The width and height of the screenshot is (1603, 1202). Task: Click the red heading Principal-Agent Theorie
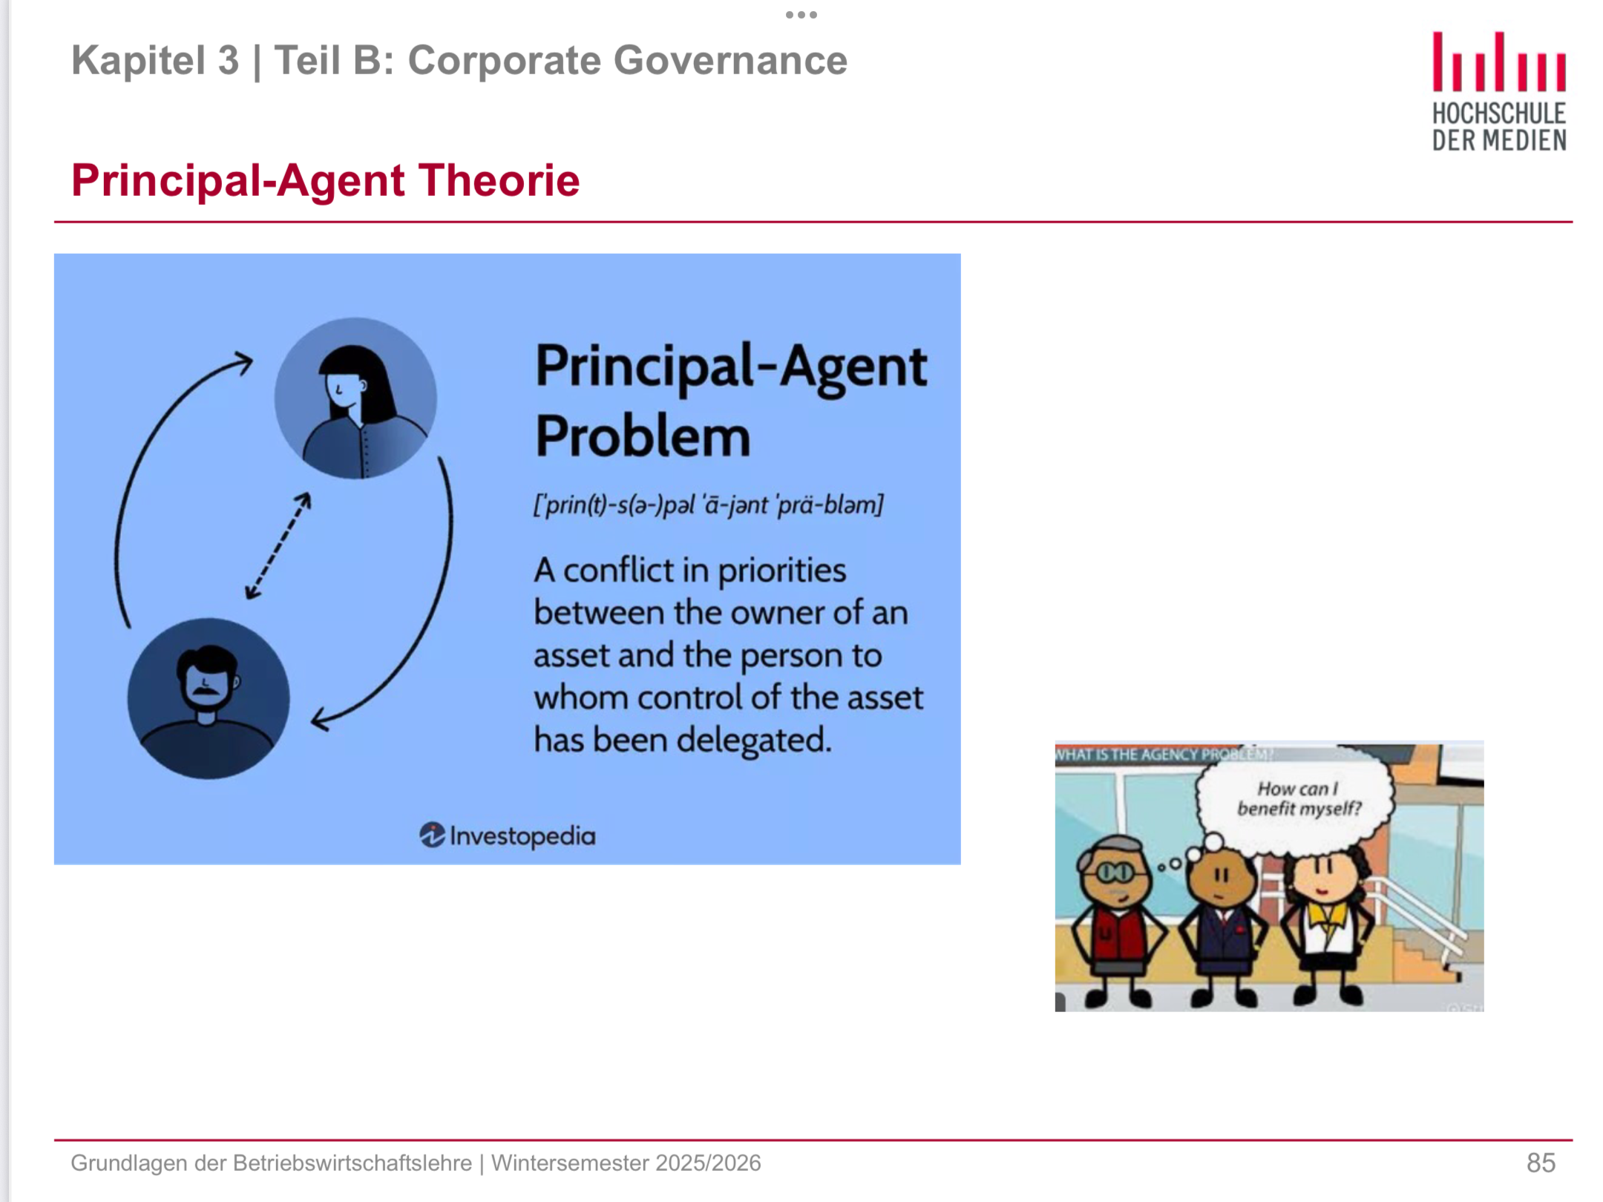tap(325, 180)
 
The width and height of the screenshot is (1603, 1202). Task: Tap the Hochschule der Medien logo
tap(1499, 92)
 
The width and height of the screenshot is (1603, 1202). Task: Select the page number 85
tap(1541, 1163)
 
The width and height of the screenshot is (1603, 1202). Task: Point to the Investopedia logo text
tap(508, 836)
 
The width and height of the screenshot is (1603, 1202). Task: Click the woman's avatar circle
tap(355, 398)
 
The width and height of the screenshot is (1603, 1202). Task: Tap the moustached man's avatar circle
tap(209, 698)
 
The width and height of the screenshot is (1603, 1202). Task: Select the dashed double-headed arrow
tap(278, 546)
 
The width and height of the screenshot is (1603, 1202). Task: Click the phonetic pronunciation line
tap(708, 505)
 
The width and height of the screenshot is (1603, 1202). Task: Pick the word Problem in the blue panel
tap(643, 436)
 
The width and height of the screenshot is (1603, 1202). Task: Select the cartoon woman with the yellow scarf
tap(1329, 927)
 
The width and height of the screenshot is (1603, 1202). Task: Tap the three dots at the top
tap(801, 14)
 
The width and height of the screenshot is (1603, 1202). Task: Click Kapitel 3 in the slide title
tap(155, 60)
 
